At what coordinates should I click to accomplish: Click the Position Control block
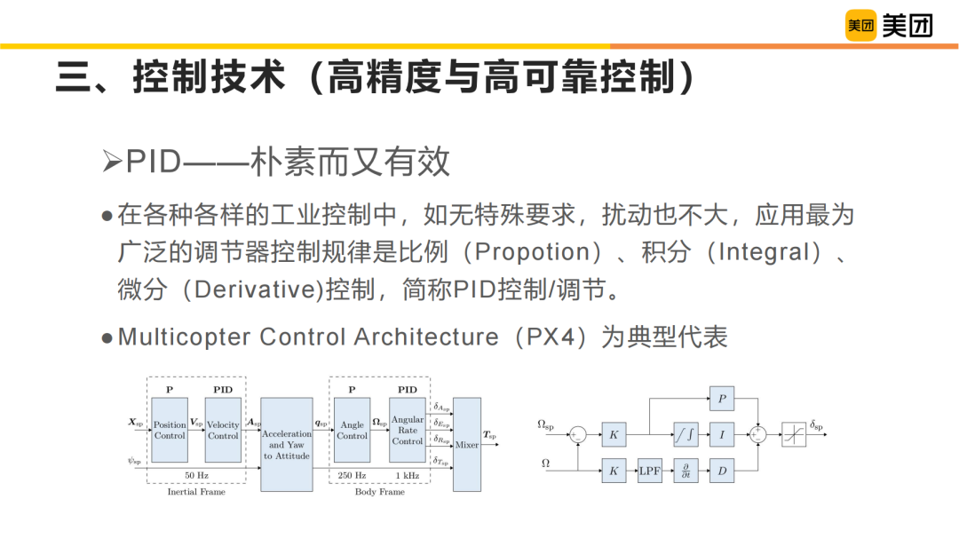point(170,431)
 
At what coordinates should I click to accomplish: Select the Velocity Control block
point(223,431)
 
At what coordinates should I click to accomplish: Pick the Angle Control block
point(352,431)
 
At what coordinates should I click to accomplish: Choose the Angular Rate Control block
point(407,430)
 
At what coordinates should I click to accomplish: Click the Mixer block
point(467,445)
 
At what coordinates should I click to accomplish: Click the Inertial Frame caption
point(196,492)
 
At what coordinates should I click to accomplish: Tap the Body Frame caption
point(379,492)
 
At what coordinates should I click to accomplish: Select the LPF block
point(650,472)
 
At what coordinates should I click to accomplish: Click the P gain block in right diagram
point(721,400)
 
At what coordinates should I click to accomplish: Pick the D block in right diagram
point(721,472)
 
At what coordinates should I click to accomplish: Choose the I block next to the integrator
point(721,434)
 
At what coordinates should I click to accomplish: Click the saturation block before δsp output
point(793,434)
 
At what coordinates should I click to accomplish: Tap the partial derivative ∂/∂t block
point(686,472)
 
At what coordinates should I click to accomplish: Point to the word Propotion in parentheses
point(533,252)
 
